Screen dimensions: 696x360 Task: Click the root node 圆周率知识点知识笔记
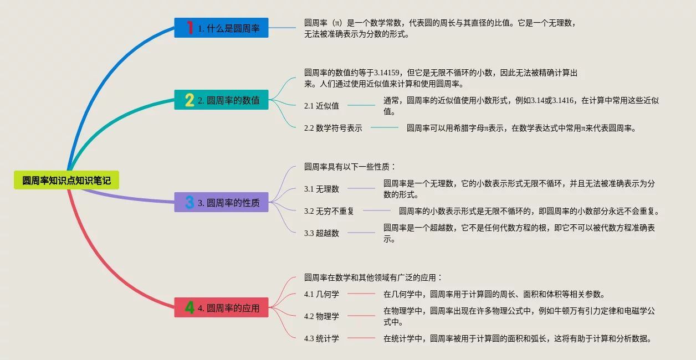point(66,181)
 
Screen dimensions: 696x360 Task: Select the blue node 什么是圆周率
point(228,28)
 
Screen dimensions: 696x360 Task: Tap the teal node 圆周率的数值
point(228,100)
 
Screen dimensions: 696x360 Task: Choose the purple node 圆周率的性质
point(228,202)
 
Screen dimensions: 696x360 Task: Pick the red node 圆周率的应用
point(228,307)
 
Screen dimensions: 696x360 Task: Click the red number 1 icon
point(190,28)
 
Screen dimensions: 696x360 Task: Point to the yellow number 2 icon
point(190,100)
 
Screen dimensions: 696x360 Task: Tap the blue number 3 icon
point(190,202)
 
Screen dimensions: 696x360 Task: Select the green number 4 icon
point(190,307)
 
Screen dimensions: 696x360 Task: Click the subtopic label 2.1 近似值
point(321,106)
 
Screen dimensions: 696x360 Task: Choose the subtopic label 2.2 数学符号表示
point(333,128)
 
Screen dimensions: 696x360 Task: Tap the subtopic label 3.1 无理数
point(321,189)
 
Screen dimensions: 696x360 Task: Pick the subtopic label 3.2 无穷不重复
point(329,211)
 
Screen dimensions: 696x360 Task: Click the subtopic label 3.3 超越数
point(321,233)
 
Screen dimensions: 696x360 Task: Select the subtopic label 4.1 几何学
point(321,294)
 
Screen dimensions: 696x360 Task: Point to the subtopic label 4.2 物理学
point(321,316)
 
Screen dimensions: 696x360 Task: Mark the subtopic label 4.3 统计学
point(321,338)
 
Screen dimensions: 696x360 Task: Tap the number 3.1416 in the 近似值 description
point(563,100)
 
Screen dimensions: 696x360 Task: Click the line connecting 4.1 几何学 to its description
point(361,294)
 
